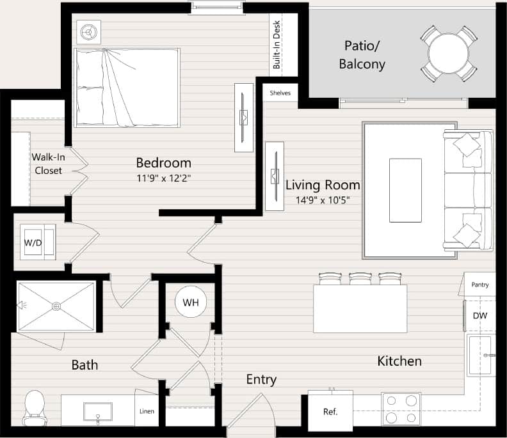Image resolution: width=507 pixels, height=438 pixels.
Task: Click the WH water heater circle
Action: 190,302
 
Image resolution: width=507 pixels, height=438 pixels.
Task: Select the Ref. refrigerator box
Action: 330,411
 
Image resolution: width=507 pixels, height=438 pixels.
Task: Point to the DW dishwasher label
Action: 480,315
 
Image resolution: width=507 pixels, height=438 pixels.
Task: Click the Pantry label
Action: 480,284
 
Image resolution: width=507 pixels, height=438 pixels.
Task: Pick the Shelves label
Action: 280,93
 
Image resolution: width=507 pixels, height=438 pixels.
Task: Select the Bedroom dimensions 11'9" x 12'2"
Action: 163,178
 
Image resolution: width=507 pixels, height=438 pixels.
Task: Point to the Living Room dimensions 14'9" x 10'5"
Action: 322,200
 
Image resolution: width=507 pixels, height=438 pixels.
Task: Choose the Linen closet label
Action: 147,411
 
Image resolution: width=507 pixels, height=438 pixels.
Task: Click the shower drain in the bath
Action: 56,306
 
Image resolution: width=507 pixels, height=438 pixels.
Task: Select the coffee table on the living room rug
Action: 405,190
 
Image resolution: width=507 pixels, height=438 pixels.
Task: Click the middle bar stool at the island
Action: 360,279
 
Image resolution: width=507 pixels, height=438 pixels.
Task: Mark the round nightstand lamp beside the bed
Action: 88,31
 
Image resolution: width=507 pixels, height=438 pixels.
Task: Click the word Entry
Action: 261,380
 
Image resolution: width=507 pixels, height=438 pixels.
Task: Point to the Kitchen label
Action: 399,361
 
